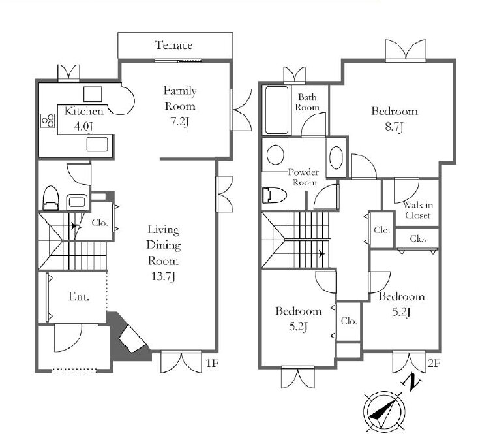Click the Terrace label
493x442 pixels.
coord(173,45)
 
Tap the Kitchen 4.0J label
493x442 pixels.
coord(83,119)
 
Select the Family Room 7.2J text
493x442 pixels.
coord(180,106)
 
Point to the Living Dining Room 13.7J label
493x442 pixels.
coord(164,253)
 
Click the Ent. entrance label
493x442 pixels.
coord(79,296)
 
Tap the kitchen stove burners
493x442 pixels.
coord(48,121)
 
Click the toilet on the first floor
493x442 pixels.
coord(51,198)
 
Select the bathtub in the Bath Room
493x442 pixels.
coord(276,110)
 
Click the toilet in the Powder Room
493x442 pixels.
coord(274,195)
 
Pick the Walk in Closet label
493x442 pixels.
coord(418,210)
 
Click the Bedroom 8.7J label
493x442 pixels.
coord(395,119)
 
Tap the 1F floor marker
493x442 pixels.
coord(212,363)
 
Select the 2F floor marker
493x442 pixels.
coord(434,363)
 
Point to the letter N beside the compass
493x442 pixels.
coord(411,381)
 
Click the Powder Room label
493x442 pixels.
coord(304,177)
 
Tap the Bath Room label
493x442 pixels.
coord(307,102)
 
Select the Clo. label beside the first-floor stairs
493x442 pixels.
coord(100,223)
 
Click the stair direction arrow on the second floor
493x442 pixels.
coord(321,254)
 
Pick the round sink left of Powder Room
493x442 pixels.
coord(275,155)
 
